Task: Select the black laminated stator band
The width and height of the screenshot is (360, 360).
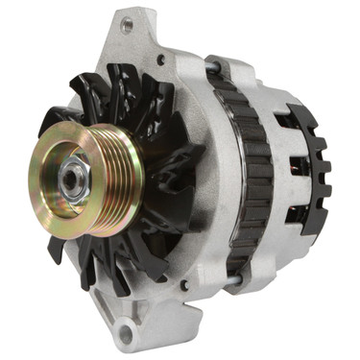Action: (232, 182)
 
